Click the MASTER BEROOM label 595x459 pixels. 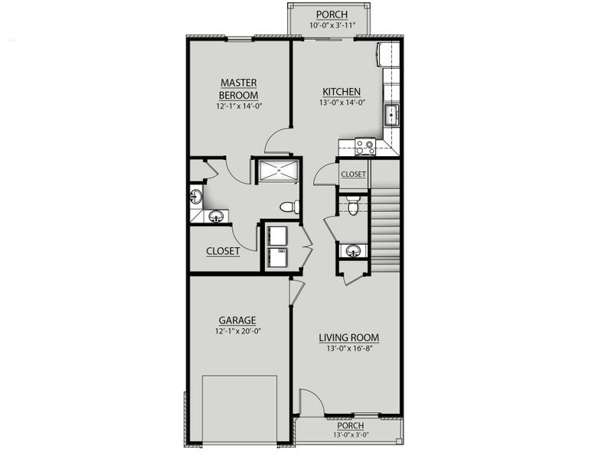238,89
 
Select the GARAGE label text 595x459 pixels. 237,321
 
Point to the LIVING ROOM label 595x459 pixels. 349,337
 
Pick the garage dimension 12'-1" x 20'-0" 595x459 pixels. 237,331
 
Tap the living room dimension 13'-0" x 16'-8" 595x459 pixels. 349,348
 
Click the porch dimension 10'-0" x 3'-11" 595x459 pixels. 331,26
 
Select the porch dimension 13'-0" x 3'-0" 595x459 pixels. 349,435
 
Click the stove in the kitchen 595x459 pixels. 365,146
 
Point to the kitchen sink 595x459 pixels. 391,115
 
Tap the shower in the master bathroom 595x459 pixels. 277,171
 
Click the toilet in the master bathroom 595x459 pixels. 289,207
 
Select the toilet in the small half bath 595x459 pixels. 352,205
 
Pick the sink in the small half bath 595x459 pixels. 353,250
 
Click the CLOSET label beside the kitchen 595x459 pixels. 353,174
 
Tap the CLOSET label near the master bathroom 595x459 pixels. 223,251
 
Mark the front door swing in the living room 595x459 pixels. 309,402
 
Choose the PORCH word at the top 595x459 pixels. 331,15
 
